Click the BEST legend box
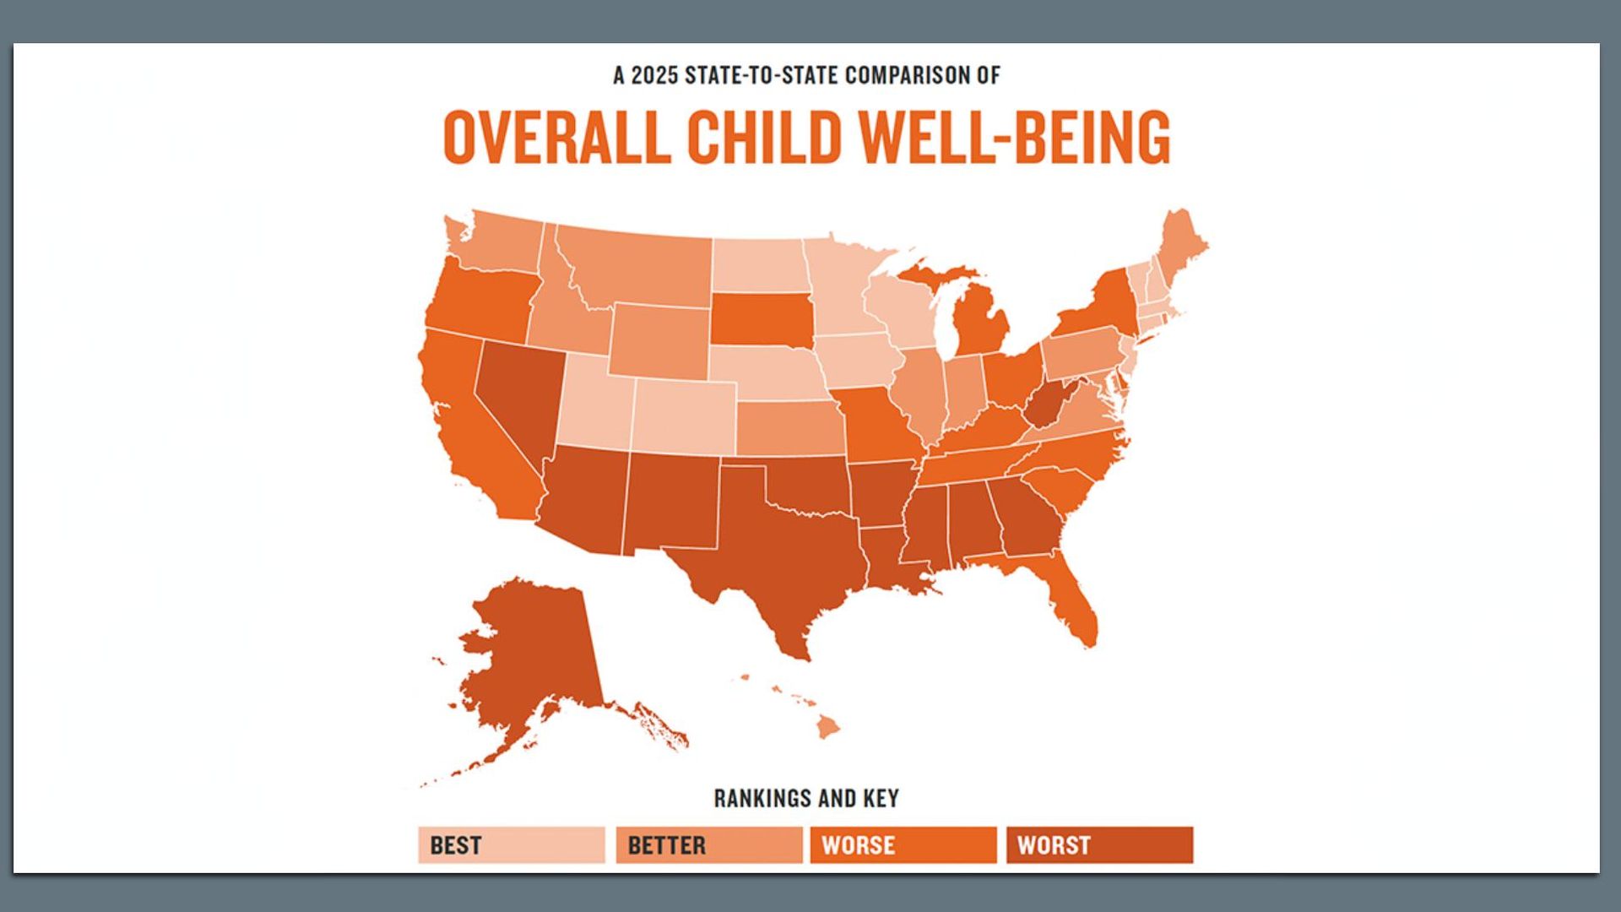[511, 844]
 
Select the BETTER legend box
[708, 844]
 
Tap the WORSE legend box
[903, 844]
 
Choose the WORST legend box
[1098, 844]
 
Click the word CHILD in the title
[764, 137]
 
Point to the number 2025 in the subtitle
[654, 76]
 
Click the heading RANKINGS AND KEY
[806, 798]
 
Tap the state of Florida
[1072, 600]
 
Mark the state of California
[473, 431]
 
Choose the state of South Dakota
[760, 319]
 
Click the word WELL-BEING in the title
[1013, 137]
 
